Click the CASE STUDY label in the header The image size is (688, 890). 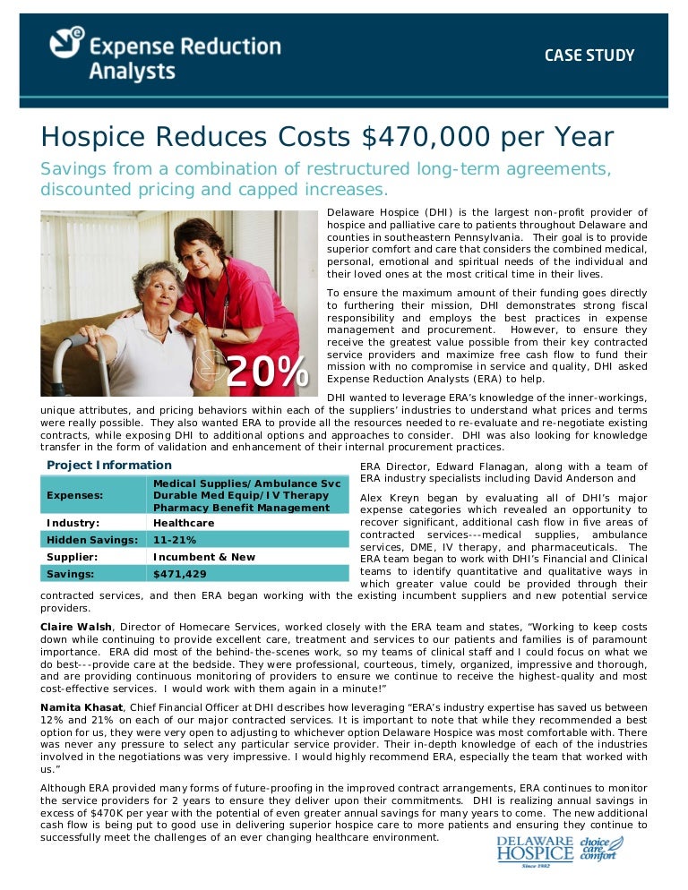[589, 56]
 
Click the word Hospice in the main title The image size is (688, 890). [93, 138]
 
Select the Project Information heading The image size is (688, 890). [108, 465]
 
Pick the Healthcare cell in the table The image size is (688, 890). [184, 523]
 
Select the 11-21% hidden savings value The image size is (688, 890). [175, 540]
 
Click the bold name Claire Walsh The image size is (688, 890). [76, 627]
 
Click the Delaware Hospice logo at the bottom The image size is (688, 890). [535, 853]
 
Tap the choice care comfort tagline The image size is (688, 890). [600, 849]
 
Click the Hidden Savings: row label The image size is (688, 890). [91, 540]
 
